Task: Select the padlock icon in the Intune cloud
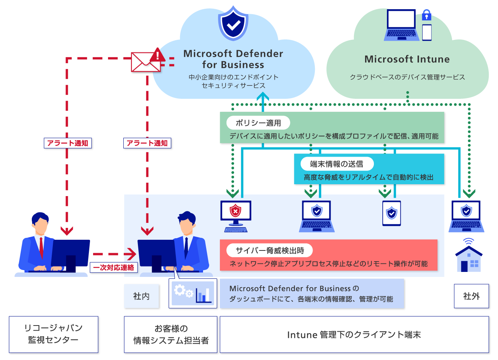[x=426, y=16]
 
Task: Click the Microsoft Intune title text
[x=407, y=59]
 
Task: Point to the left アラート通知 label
[x=68, y=143]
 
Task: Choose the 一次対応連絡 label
[x=114, y=267]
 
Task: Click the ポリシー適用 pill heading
[x=258, y=123]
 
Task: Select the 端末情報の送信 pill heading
[x=336, y=164]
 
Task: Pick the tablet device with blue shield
[x=392, y=213]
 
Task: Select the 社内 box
[x=141, y=296]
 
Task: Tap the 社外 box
[x=471, y=296]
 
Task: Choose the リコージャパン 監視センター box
[x=53, y=334]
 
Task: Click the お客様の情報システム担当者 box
[x=170, y=334]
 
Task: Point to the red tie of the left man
[x=41, y=247]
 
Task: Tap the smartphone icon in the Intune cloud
[x=427, y=32]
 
